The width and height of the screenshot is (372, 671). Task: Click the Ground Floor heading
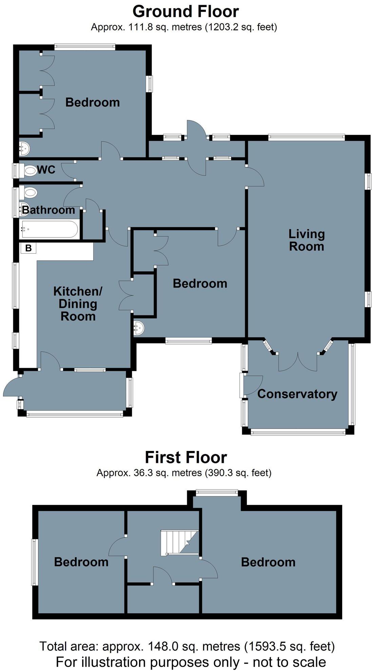coord(185,12)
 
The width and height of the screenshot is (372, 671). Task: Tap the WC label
coord(46,170)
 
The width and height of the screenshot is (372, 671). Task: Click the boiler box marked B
coord(28,248)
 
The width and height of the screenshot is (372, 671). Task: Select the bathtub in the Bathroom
coord(49,229)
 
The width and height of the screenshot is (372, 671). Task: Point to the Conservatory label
coord(297,394)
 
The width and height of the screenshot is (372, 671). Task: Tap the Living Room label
coord(306,240)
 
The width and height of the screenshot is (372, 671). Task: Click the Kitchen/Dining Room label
coord(78,304)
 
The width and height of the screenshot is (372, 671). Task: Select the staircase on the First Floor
coord(179,542)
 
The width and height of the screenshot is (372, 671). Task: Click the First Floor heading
coord(185,457)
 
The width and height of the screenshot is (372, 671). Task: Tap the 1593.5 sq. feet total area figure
coord(290,646)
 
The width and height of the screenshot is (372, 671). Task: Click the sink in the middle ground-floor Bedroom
coord(139,328)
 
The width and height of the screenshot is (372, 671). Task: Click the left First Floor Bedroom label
coord(81,562)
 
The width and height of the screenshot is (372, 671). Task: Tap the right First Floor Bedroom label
coord(268,562)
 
